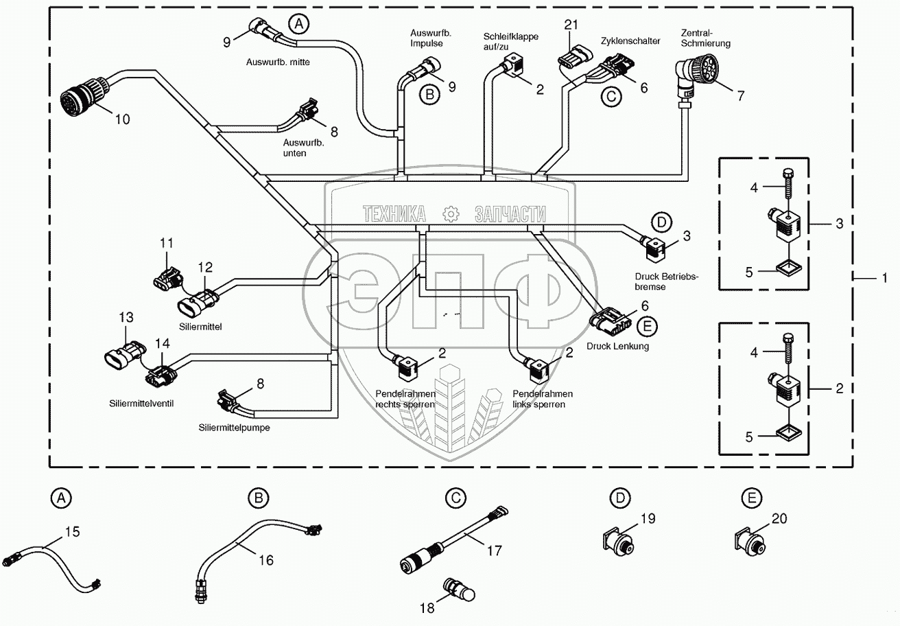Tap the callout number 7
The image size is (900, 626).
coord(740,95)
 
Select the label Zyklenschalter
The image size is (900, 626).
coord(630,41)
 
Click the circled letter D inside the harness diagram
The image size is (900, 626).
coord(661,222)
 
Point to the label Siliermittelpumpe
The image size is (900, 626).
coord(233,427)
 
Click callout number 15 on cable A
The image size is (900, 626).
coord(72,531)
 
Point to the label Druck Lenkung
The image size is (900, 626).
coord(617,347)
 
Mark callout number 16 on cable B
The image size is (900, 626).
coord(265,560)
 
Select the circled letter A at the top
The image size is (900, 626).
coord(298,25)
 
